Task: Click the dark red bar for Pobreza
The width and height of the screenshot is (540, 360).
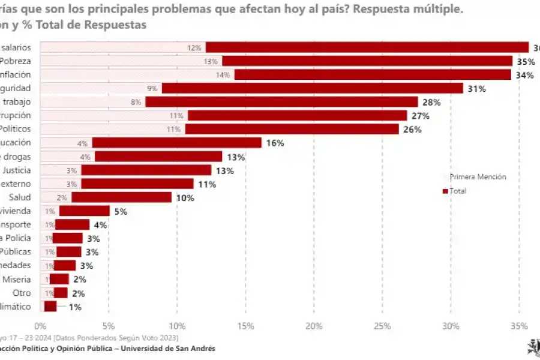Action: (367, 61)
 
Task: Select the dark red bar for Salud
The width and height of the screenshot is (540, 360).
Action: (121, 197)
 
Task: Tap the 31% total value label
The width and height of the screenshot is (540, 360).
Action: (477, 89)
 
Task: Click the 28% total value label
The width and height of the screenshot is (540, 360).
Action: (431, 102)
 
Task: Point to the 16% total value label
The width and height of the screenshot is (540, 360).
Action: (275, 143)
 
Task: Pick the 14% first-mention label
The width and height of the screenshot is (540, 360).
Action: (223, 75)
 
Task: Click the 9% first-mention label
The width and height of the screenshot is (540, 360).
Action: (152, 89)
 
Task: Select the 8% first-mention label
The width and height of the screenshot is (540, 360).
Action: (136, 102)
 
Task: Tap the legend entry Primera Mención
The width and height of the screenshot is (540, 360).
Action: (478, 177)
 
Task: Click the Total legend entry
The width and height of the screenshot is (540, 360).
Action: (457, 191)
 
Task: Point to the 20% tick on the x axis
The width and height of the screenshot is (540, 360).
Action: (314, 326)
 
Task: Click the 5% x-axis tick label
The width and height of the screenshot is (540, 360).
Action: (108, 326)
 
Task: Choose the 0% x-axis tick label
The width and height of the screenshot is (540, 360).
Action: (40, 326)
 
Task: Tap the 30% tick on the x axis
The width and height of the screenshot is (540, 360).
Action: (451, 326)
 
